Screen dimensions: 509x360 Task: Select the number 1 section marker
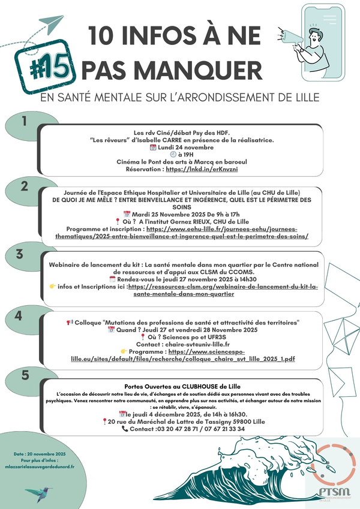(x=25, y=122)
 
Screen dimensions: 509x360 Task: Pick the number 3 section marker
(x=20, y=254)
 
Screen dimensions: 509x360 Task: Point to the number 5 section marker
(x=25, y=376)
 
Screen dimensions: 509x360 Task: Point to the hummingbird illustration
(x=39, y=493)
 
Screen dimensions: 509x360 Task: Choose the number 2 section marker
(x=25, y=186)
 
